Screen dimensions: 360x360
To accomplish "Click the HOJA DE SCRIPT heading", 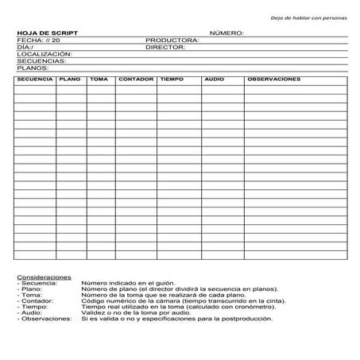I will pos(47,33).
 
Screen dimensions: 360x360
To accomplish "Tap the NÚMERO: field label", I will pos(226,33).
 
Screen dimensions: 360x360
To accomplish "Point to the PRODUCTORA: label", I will pos(172,40).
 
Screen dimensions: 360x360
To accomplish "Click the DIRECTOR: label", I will pos(165,47).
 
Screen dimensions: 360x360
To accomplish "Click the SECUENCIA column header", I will pos(34,79).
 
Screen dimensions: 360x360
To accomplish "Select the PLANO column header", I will pos(70,79).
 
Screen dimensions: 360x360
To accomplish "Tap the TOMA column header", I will pos(99,79).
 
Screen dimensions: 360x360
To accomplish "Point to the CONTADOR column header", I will pos(135,79).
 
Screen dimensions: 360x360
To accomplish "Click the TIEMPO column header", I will pos(172,79).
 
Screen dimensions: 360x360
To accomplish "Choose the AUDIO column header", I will pos(215,79).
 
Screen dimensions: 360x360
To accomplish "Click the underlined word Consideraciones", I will pos(44,277).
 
